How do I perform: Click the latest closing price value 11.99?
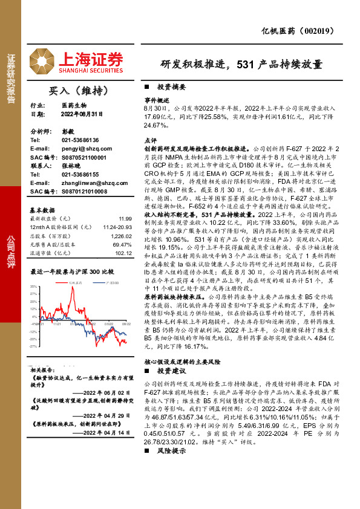click(x=125, y=218)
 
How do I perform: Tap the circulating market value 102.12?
click(x=123, y=254)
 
